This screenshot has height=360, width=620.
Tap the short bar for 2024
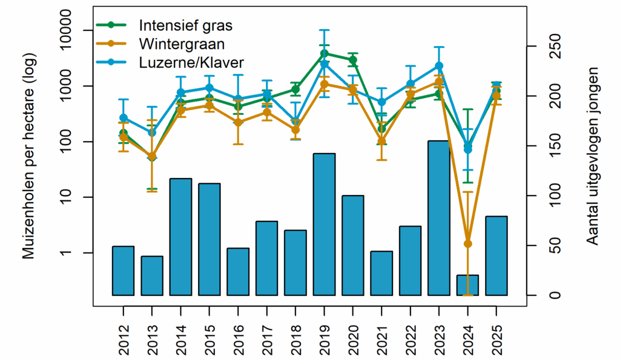467,285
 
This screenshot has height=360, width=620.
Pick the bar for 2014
180,237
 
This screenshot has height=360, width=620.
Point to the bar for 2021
381,273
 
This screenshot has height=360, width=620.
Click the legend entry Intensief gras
185,25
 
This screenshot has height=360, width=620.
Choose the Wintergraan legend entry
182,44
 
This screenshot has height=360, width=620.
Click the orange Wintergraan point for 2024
467,244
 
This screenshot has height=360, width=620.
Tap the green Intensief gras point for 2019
324,53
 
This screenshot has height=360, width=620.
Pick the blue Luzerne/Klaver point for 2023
439,66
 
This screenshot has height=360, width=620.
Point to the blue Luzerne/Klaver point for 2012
124,118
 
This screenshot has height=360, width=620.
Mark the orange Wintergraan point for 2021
381,142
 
